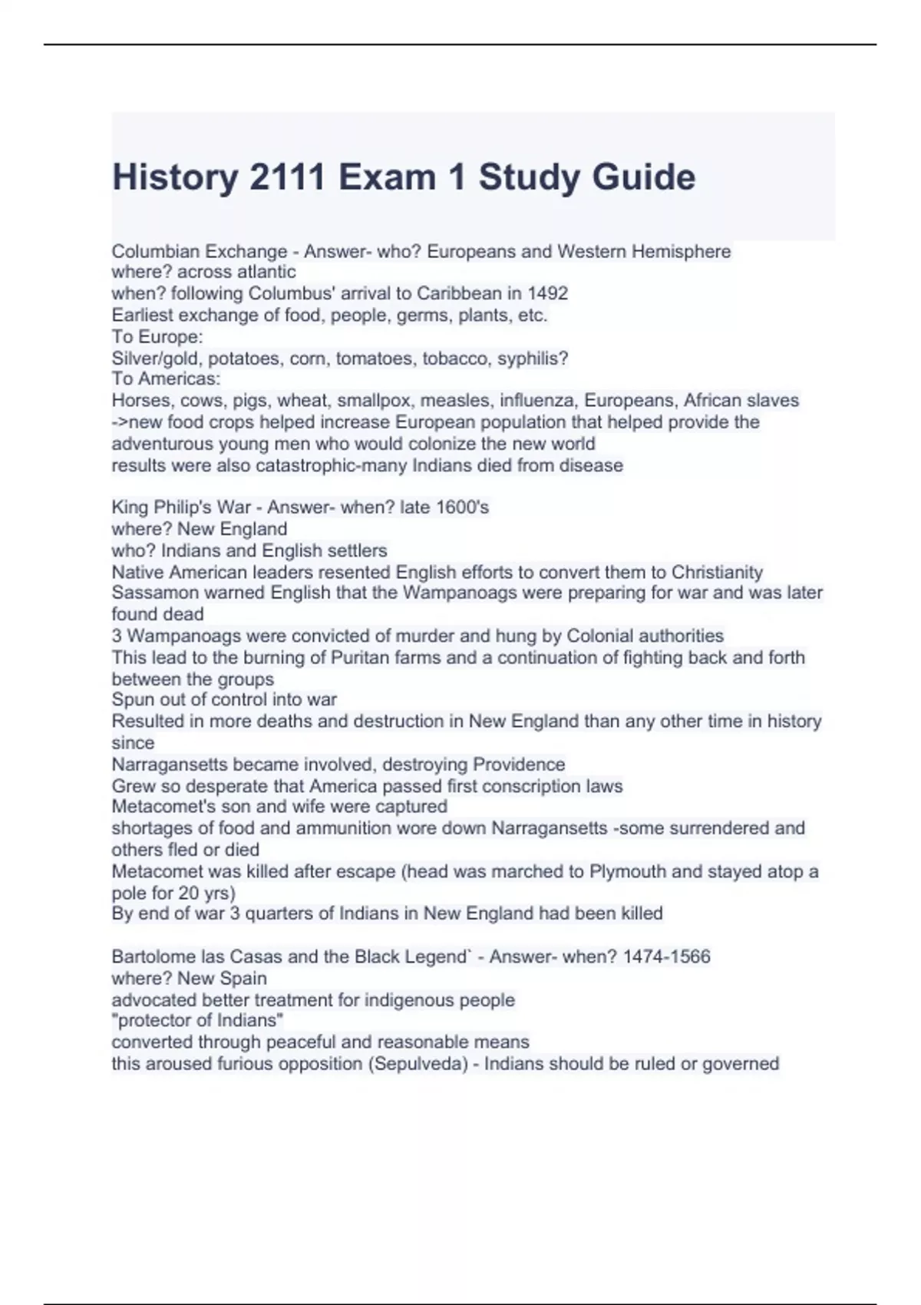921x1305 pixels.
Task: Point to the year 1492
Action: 547,293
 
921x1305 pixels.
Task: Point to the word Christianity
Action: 717,572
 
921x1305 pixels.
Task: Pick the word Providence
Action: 519,765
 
